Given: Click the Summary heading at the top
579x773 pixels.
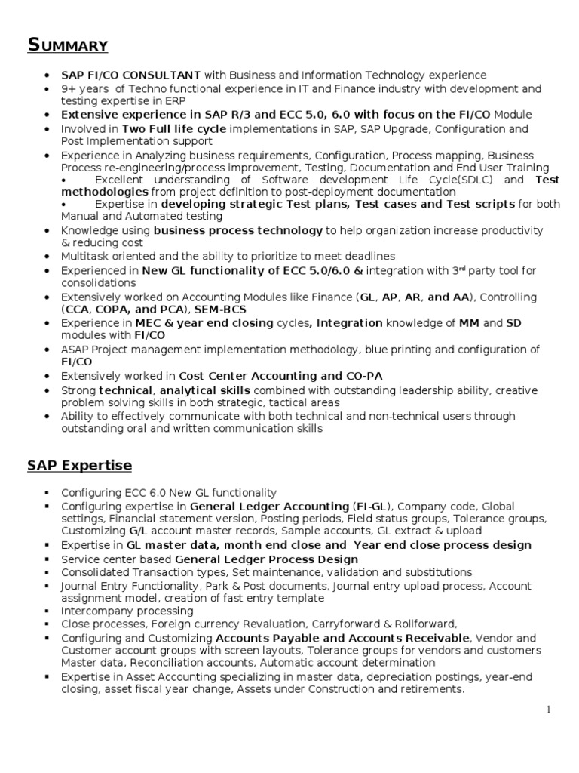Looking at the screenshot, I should [67, 46].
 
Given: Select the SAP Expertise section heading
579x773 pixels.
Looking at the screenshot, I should [79, 465].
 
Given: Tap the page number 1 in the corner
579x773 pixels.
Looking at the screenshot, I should [550, 710].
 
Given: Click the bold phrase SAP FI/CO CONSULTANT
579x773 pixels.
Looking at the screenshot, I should [130, 75].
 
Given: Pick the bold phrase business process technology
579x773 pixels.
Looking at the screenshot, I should [238, 230].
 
